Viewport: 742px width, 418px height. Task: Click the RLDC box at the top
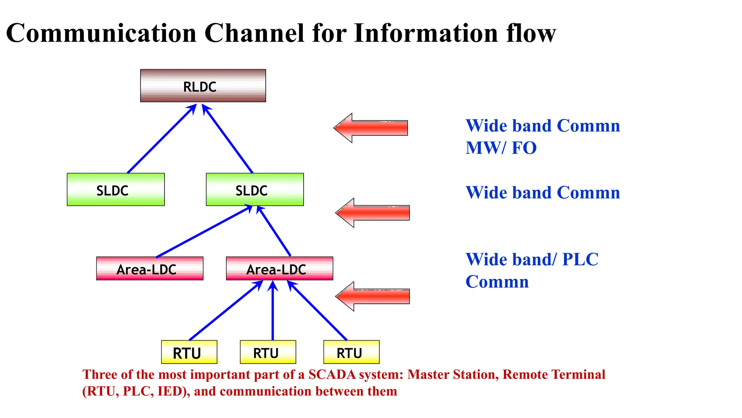coord(203,86)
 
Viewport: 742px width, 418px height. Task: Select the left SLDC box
coord(116,189)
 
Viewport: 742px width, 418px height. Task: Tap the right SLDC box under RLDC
coord(255,189)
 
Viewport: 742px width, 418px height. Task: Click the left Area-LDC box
coord(150,269)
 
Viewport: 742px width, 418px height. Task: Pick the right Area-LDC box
coord(279,269)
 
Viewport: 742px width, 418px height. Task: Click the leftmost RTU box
coord(189,352)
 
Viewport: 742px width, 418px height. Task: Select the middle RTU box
coord(268,352)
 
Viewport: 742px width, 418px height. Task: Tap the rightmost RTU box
coord(351,352)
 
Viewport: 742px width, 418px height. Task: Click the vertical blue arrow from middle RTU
coord(273,312)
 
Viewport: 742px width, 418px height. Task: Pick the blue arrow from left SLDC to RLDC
coord(161,139)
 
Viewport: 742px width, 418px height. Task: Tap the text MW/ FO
coord(501,148)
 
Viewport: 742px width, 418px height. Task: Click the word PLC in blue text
coord(580,259)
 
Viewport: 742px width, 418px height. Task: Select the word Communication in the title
coord(101,33)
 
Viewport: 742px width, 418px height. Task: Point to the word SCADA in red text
coord(332,374)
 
